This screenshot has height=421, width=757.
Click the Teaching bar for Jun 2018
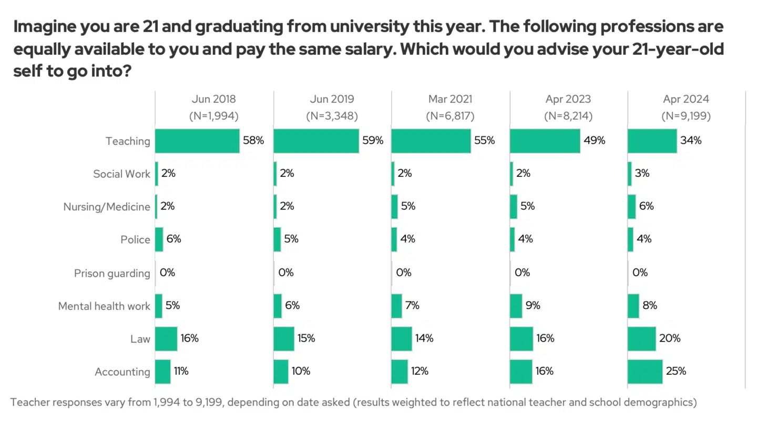197,141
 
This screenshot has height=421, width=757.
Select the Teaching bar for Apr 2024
652,141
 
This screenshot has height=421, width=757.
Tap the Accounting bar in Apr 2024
645,371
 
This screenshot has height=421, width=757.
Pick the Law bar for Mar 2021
402,338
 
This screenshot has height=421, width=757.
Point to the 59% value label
373,141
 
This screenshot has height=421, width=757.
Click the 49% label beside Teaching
595,141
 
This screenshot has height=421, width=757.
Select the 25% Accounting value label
676,371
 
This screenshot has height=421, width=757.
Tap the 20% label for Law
669,338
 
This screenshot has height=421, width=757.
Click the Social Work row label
121,174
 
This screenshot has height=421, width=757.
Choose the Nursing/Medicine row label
107,207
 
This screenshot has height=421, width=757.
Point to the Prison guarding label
112,273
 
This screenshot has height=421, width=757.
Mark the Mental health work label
104,306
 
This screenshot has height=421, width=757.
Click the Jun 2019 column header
332,99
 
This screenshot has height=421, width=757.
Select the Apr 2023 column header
568,99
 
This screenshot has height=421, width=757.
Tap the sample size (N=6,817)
449,116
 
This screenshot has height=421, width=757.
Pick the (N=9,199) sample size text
686,116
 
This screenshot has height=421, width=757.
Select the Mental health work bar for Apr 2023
516,306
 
